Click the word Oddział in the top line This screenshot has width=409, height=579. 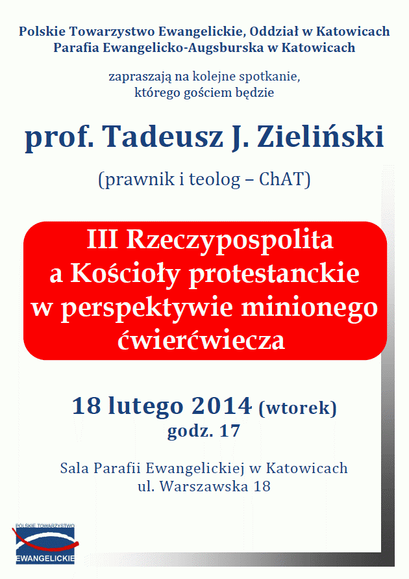click(x=274, y=31)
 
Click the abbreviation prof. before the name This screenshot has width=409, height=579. click(x=59, y=137)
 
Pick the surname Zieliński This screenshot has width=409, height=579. click(x=321, y=136)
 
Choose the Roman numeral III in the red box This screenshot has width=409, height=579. click(x=102, y=239)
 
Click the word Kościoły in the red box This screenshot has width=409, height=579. click(x=125, y=274)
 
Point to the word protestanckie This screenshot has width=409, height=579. click(x=274, y=274)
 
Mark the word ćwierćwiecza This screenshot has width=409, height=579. click(x=201, y=340)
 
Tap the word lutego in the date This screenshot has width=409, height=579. click(x=145, y=407)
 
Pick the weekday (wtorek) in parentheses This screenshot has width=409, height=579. click(x=297, y=408)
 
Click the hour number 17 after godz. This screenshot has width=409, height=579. click(x=229, y=431)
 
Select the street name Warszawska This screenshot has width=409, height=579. click(x=204, y=486)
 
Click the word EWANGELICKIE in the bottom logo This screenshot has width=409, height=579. click(x=45, y=558)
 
